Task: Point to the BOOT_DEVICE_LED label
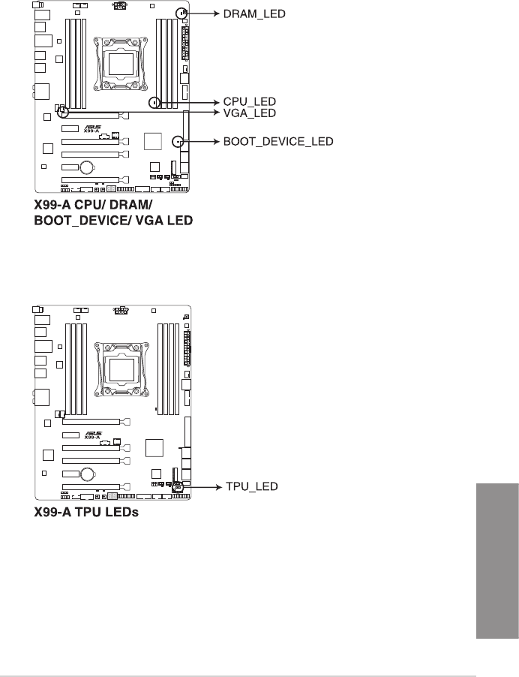click(278, 140)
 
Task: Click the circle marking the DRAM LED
click(181, 14)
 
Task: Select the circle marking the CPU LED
click(154, 101)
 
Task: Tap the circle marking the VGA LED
click(64, 113)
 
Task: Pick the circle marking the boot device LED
click(178, 140)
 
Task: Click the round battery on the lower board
click(88, 474)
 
